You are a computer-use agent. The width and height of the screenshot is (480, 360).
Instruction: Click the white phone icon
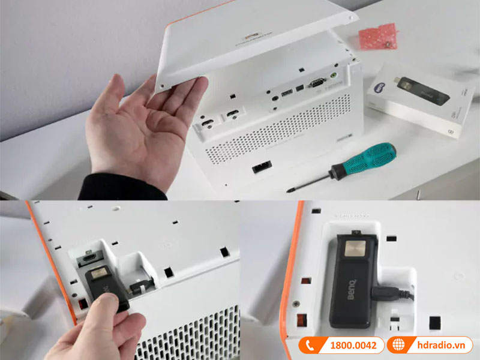click(310, 345)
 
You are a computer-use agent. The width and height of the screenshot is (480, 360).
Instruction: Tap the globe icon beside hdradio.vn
click(397, 345)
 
